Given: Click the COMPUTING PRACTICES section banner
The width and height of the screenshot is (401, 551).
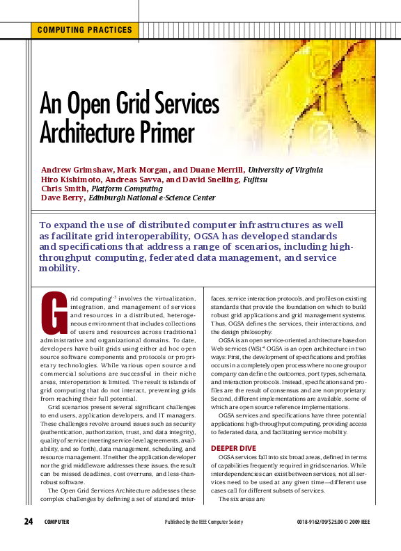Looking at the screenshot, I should (84, 30).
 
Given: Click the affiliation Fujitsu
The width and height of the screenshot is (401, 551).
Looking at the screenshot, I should (253, 179).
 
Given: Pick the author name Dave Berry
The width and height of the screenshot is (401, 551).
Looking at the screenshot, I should (61, 198).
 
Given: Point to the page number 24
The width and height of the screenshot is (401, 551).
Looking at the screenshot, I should (29, 522).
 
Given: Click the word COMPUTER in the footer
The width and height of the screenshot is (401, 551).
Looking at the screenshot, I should (56, 522).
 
